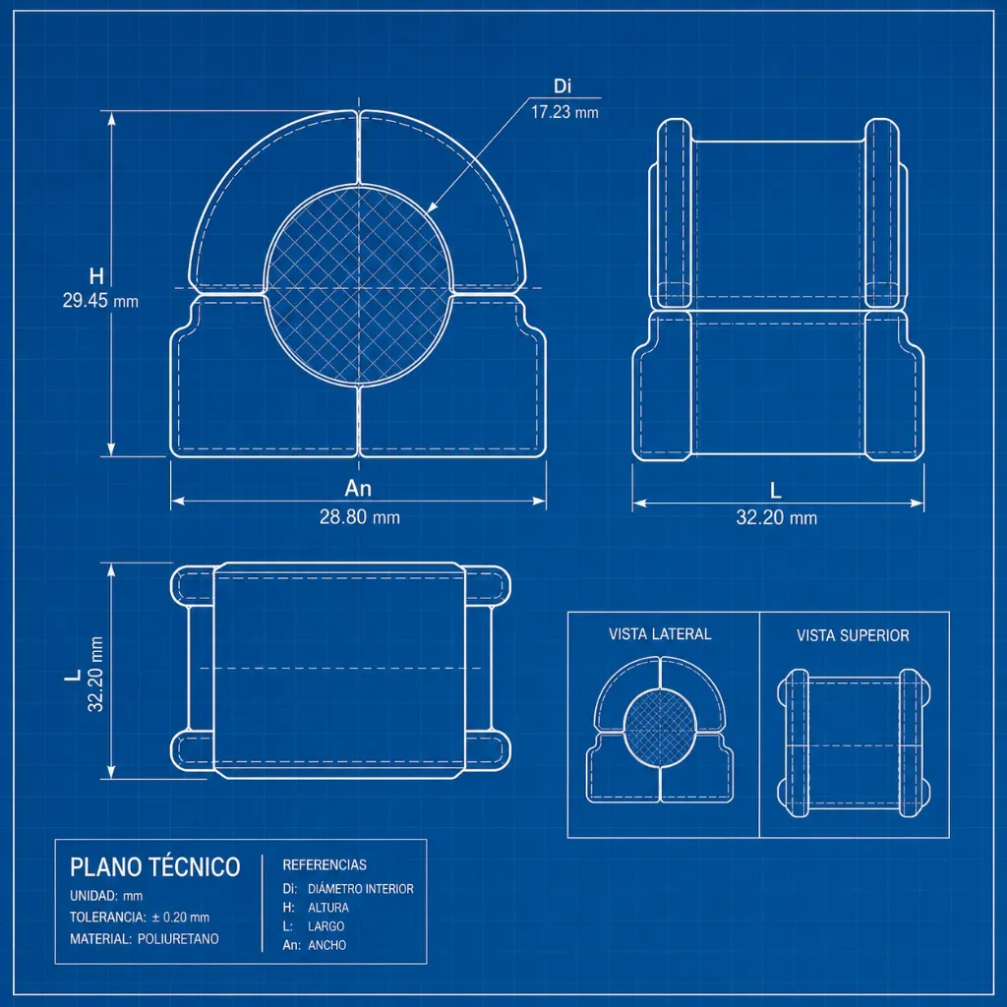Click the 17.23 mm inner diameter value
pos(564,112)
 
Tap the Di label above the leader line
pos(563,87)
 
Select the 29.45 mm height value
pos(100,301)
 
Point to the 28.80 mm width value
pos(360,517)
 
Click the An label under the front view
pos(358,489)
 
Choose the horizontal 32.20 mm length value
pos(777,517)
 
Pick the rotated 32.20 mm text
pos(95,674)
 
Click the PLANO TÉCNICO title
pos(154,867)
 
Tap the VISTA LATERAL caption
pos(660,634)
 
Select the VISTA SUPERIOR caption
pos(853,636)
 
